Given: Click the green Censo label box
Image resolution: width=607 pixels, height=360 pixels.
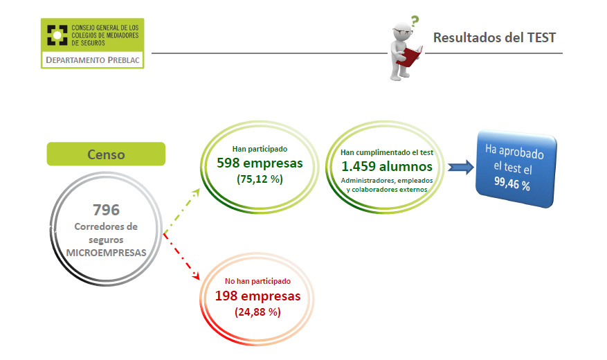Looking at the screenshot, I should pyautogui.click(x=106, y=154).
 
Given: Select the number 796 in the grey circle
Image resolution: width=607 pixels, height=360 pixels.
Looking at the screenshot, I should pyautogui.click(x=107, y=209).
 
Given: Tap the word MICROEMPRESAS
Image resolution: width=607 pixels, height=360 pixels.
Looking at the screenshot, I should pyautogui.click(x=107, y=253).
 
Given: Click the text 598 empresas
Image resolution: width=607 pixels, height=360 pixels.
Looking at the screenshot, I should pyautogui.click(x=260, y=163).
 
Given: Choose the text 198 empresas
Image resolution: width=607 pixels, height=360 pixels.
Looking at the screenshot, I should pyautogui.click(x=258, y=296).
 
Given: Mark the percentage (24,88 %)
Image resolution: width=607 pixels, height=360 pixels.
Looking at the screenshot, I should pyautogui.click(x=258, y=312).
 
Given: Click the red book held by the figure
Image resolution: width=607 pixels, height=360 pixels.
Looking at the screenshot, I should pyautogui.click(x=413, y=56).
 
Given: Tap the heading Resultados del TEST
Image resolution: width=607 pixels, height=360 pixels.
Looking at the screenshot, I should pyautogui.click(x=494, y=38).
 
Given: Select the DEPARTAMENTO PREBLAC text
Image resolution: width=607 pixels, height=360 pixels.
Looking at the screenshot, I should pyautogui.click(x=93, y=60).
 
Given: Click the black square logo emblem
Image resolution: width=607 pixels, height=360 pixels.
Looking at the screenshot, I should pyautogui.click(x=57, y=35).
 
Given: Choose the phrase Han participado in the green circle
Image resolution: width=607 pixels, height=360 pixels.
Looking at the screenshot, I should pyautogui.click(x=260, y=148).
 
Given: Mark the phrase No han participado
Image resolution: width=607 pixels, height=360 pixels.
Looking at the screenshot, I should pyautogui.click(x=258, y=282).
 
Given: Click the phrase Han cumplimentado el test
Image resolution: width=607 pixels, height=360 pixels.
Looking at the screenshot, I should pyautogui.click(x=386, y=152).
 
